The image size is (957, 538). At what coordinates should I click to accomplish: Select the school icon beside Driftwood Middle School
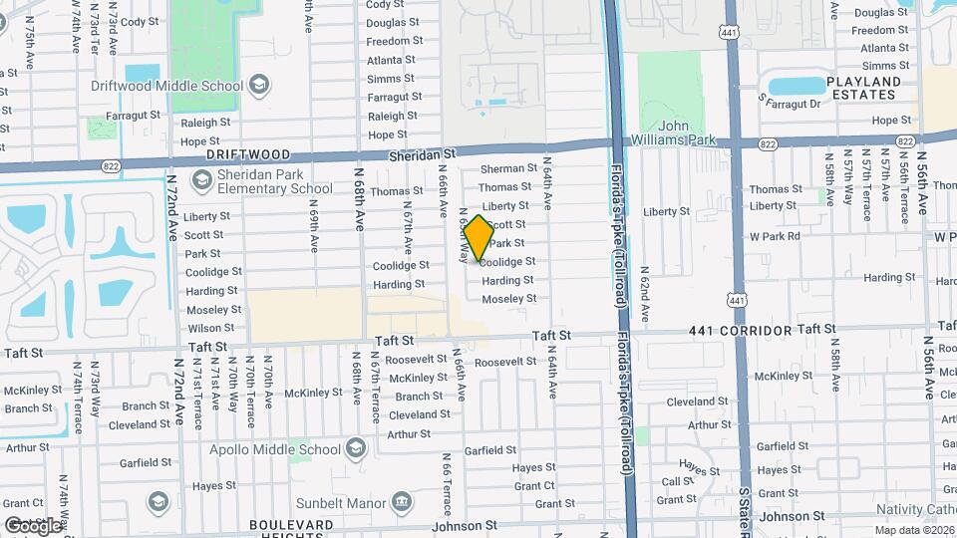coord(259,85)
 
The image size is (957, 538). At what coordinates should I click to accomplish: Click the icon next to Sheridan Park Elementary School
coord(202,180)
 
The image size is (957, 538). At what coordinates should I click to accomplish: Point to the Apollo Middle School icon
coord(356,450)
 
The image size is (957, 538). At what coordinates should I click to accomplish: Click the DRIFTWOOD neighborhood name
coord(248,155)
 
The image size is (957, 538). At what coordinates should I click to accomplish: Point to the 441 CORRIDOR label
coord(740,330)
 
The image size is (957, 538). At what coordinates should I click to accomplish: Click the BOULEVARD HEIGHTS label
coord(291,531)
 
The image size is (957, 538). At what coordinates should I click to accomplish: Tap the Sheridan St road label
coord(422,154)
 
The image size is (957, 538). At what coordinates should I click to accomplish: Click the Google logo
coord(32,526)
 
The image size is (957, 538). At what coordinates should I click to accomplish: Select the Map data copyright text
coord(914,530)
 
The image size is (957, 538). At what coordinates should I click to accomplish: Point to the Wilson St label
coord(210,328)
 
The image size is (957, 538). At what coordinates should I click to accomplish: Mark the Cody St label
coord(139,21)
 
